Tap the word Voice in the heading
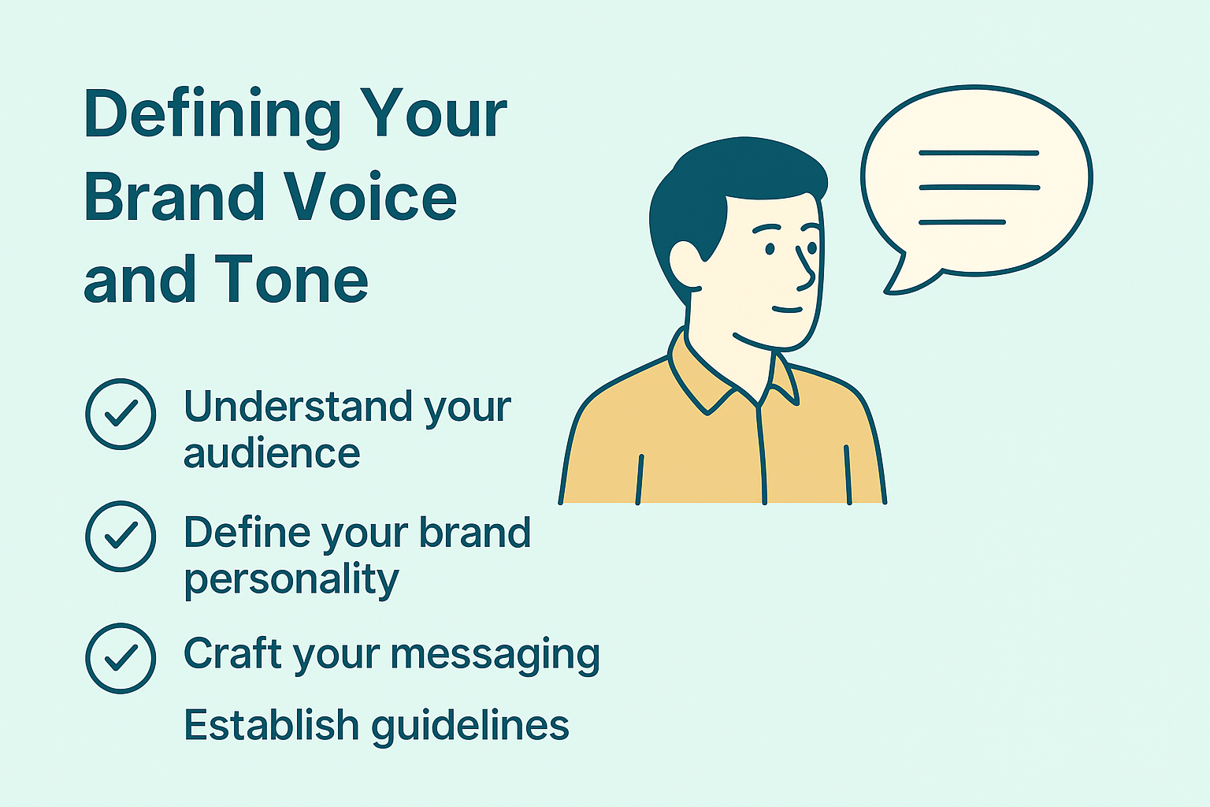(370, 196)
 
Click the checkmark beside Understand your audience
(121, 414)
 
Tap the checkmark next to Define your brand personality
(121, 536)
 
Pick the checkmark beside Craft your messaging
(121, 658)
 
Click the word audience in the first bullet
(272, 453)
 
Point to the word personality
(291, 580)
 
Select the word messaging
(495, 656)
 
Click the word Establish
(272, 724)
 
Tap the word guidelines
(470, 727)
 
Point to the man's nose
(806, 270)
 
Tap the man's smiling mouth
(788, 310)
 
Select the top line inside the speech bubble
(979, 153)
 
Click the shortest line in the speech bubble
(962, 222)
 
